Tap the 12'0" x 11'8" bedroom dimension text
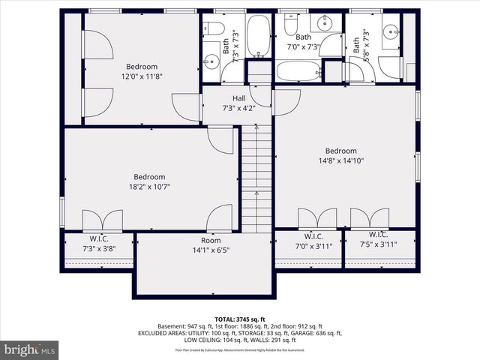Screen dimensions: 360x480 pos(142,76)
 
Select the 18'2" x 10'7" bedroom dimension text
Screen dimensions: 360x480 pos(149,187)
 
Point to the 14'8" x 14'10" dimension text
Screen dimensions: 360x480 pos(340,160)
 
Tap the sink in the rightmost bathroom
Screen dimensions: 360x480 pos(391,31)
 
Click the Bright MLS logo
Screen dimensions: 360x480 pos(30,349)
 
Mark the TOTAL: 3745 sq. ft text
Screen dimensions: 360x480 pos(240,318)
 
